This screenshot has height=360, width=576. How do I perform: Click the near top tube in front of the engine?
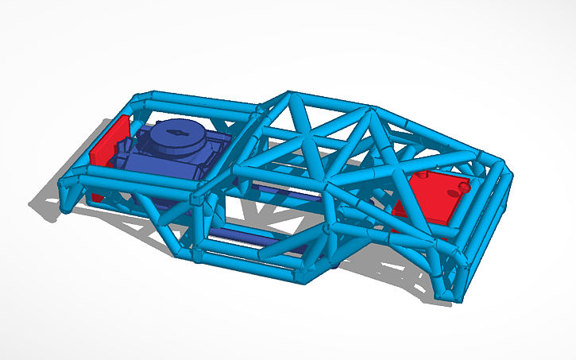(135, 178)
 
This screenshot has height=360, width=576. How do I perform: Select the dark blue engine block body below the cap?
(171, 159)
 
